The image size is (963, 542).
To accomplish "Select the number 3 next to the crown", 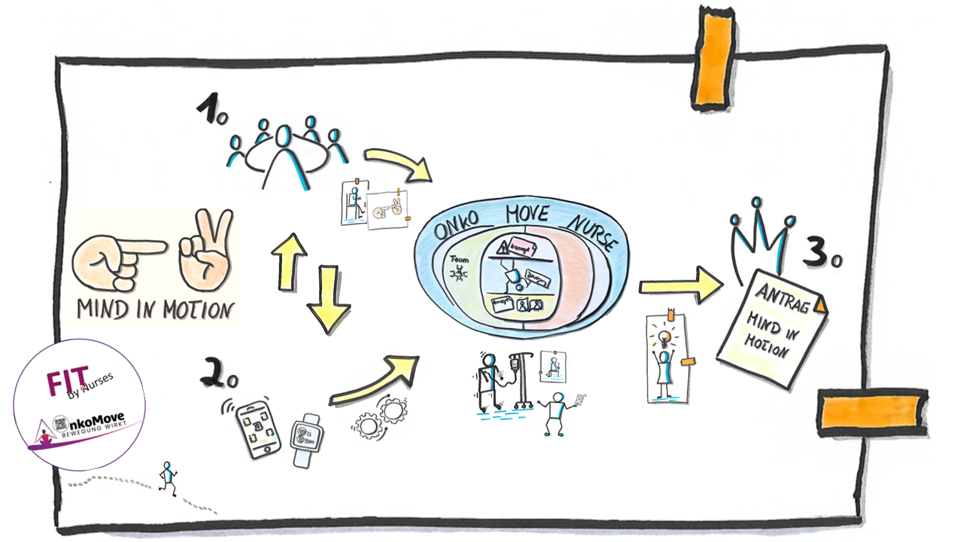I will pos(819,252).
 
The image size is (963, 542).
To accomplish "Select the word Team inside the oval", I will pos(458,258).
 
